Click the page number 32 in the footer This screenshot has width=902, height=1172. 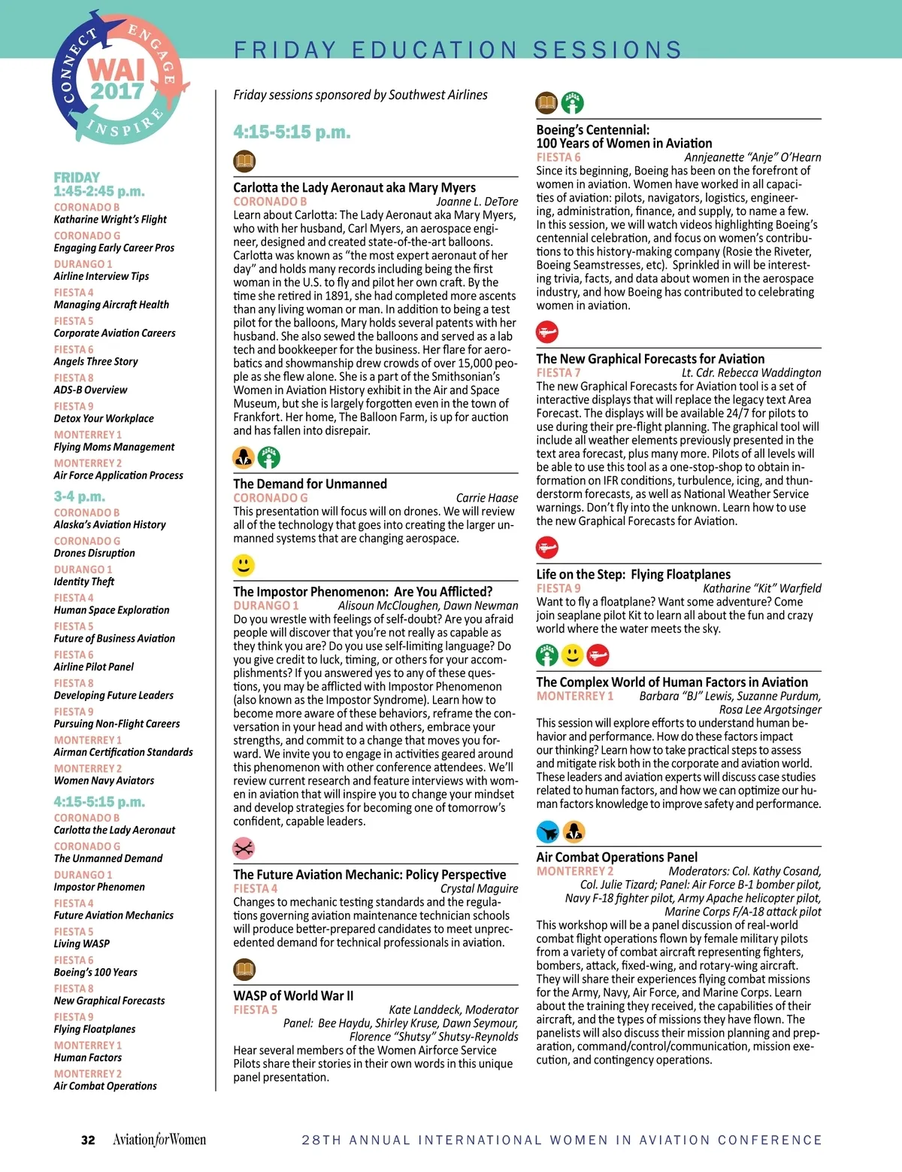pos(88,1140)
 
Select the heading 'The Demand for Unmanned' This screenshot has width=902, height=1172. pos(310,484)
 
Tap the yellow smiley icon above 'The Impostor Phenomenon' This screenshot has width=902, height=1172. pos(244,565)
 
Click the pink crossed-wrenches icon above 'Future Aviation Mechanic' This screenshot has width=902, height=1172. pos(244,849)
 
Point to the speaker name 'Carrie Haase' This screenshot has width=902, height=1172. pos(486,498)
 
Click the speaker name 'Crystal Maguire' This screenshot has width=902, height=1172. pos(479,888)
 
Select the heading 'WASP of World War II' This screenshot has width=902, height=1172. pos(293,996)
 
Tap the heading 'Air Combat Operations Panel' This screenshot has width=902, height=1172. pos(616,857)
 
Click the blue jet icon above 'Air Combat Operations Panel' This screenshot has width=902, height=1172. pos(548,831)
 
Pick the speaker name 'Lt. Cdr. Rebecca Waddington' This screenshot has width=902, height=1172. pos(751,373)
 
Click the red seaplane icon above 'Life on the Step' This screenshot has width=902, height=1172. pos(547,547)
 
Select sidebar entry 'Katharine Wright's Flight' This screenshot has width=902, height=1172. pos(110,220)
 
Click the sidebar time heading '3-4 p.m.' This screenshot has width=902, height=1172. pos(79,496)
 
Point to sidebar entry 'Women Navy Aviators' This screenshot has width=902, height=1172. pos(104,781)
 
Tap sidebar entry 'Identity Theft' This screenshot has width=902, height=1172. pos(84,581)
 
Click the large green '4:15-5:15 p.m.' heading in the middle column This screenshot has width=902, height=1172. pos(292,132)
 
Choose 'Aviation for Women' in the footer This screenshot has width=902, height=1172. pos(159,1140)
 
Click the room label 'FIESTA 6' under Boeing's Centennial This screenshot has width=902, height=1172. pos(558,157)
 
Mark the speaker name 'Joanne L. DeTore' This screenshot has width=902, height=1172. pos(477,202)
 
